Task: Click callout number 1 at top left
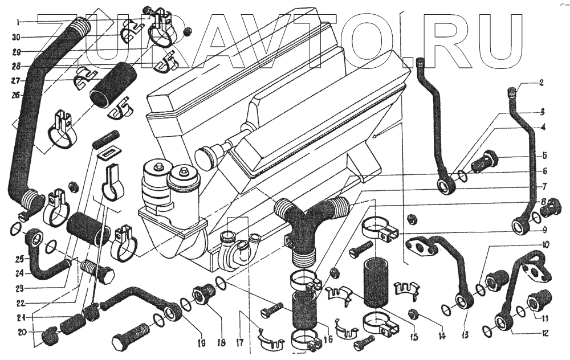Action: [x=18, y=22]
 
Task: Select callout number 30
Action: [x=18, y=38]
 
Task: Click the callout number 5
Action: [x=544, y=155]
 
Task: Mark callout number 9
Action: [x=544, y=230]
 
